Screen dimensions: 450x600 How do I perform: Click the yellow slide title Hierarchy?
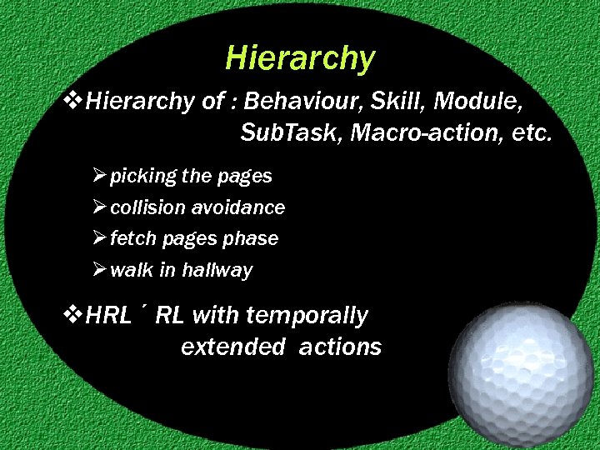tap(300, 58)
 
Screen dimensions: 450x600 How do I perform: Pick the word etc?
tap(529, 133)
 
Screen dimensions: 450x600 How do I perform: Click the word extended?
tap(232, 347)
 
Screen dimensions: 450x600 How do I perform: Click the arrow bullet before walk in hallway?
tap(100, 270)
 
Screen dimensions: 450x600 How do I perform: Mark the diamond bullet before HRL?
tap(73, 315)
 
